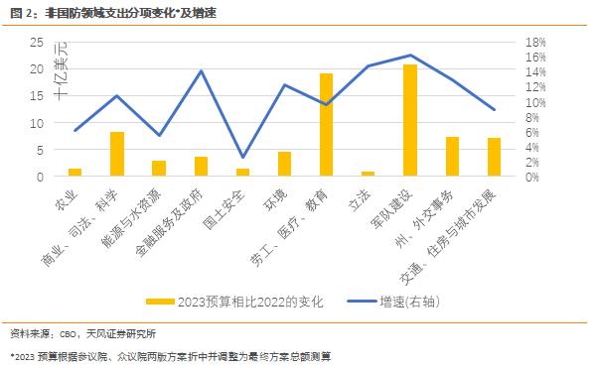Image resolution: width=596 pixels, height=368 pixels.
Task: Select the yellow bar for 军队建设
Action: pyautogui.click(x=410, y=120)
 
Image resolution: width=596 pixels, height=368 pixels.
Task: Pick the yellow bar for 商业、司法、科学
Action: pyautogui.click(x=116, y=154)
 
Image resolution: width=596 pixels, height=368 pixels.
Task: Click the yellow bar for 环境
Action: pyautogui.click(x=284, y=164)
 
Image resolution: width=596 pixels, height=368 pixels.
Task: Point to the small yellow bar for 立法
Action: pyautogui.click(x=368, y=174)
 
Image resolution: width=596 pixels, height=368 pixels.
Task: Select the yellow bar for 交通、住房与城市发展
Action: pyautogui.click(x=494, y=157)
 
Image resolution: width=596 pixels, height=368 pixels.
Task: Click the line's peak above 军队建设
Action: pyautogui.click(x=410, y=56)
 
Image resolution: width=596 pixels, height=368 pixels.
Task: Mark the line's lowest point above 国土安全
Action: pyautogui.click(x=242, y=157)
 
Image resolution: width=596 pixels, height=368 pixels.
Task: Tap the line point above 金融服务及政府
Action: pyautogui.click(x=201, y=71)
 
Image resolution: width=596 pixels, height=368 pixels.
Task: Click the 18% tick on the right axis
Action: pyautogui.click(x=536, y=43)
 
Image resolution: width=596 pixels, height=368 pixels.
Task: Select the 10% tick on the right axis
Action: pyautogui.click(x=536, y=102)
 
